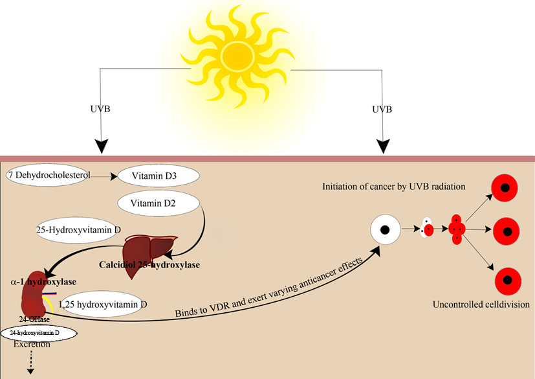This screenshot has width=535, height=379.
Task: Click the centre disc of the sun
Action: [x=237, y=56]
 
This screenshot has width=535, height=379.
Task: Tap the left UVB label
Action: [x=100, y=109]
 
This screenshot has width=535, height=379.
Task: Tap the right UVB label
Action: [x=382, y=109]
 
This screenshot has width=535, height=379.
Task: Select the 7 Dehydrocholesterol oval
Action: [x=48, y=176]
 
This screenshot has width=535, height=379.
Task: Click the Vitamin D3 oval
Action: [x=158, y=176]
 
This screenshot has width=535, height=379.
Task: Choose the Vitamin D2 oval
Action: [x=158, y=203]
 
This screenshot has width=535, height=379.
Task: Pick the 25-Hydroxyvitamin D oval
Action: [x=78, y=231]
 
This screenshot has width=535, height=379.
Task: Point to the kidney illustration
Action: [x=35, y=294]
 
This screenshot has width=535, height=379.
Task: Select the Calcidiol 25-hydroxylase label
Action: [x=149, y=265]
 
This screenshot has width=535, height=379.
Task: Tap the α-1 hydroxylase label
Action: [x=43, y=282]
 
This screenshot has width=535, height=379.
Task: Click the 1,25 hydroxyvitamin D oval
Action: [x=102, y=304]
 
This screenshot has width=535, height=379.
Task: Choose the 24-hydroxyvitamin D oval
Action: [x=39, y=334]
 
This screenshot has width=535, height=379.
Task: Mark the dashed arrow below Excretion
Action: [x=30, y=362]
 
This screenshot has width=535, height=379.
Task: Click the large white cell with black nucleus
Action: [x=386, y=229]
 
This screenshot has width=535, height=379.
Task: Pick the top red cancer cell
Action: [x=505, y=188]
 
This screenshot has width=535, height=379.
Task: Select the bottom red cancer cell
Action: [x=508, y=281]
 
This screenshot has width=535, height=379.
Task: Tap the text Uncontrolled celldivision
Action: [x=481, y=304]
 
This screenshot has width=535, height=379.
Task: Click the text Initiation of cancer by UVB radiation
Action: [x=394, y=187]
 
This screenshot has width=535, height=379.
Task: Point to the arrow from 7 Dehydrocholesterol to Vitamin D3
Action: [x=104, y=177]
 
